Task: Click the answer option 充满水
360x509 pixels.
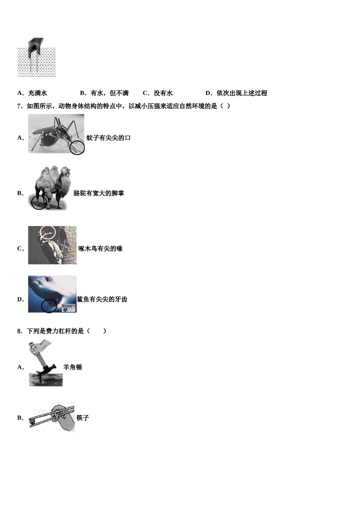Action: click(38, 93)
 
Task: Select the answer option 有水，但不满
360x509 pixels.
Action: click(110, 93)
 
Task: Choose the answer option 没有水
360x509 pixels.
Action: click(163, 93)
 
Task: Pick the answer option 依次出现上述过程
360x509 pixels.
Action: click(242, 93)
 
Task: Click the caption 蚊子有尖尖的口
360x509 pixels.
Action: click(108, 138)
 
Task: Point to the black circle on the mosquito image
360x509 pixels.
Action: click(77, 147)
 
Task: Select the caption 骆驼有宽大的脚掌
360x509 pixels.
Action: click(99, 193)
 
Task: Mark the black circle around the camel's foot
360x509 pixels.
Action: click(39, 202)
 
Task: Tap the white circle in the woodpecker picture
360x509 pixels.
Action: click(48, 232)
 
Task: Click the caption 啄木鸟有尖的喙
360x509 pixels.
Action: click(100, 249)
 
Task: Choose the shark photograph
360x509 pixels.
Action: click(52, 294)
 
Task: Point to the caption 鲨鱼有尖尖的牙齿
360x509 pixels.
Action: click(102, 299)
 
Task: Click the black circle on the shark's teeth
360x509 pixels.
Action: click(49, 305)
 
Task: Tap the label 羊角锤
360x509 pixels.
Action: click(72, 367)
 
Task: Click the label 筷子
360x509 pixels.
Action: click(82, 418)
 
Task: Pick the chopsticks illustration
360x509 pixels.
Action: click(52, 417)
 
